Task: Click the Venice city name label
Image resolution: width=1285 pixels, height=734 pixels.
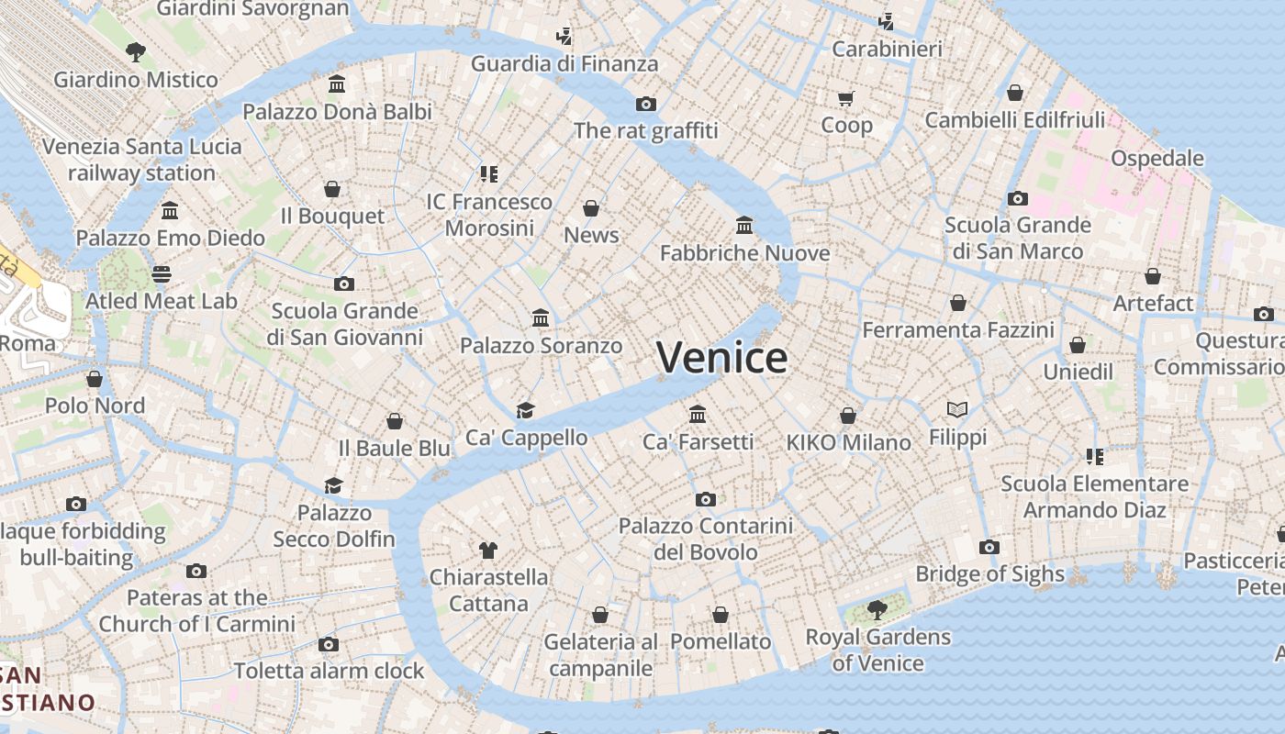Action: [x=722, y=358]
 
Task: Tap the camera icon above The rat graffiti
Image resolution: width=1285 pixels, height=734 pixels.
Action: [x=646, y=104]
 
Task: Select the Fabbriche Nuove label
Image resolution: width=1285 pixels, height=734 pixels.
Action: [x=744, y=252]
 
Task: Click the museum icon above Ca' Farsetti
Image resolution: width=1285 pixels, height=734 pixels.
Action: [x=698, y=414]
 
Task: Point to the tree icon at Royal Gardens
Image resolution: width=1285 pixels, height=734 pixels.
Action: [x=877, y=609]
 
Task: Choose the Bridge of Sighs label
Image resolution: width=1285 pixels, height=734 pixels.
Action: [x=989, y=574]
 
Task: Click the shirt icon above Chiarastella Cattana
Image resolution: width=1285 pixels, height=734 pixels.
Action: [x=488, y=550]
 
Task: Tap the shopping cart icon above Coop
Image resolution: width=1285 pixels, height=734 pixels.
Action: [x=845, y=98]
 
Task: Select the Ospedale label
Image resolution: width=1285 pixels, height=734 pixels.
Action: [x=1156, y=158]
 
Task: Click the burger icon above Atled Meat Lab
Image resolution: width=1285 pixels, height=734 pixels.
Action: [x=162, y=273]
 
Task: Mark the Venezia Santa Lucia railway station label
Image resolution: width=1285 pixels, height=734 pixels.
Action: [x=142, y=160]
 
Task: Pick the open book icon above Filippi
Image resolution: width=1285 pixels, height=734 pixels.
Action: [x=957, y=410]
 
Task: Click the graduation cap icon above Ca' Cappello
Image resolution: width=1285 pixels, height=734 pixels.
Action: [x=525, y=410]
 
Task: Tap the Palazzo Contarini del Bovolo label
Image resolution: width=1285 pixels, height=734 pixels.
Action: [x=705, y=539]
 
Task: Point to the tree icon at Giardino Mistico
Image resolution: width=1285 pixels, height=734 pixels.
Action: [x=136, y=52]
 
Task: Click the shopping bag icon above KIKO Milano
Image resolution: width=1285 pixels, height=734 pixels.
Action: [x=848, y=416]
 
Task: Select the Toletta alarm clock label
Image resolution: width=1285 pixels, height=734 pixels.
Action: [x=329, y=671]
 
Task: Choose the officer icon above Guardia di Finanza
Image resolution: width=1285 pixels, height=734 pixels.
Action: [x=564, y=37]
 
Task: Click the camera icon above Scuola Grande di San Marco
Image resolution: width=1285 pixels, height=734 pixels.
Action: [x=1017, y=198]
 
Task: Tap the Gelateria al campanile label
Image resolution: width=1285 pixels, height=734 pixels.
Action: [x=600, y=654]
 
